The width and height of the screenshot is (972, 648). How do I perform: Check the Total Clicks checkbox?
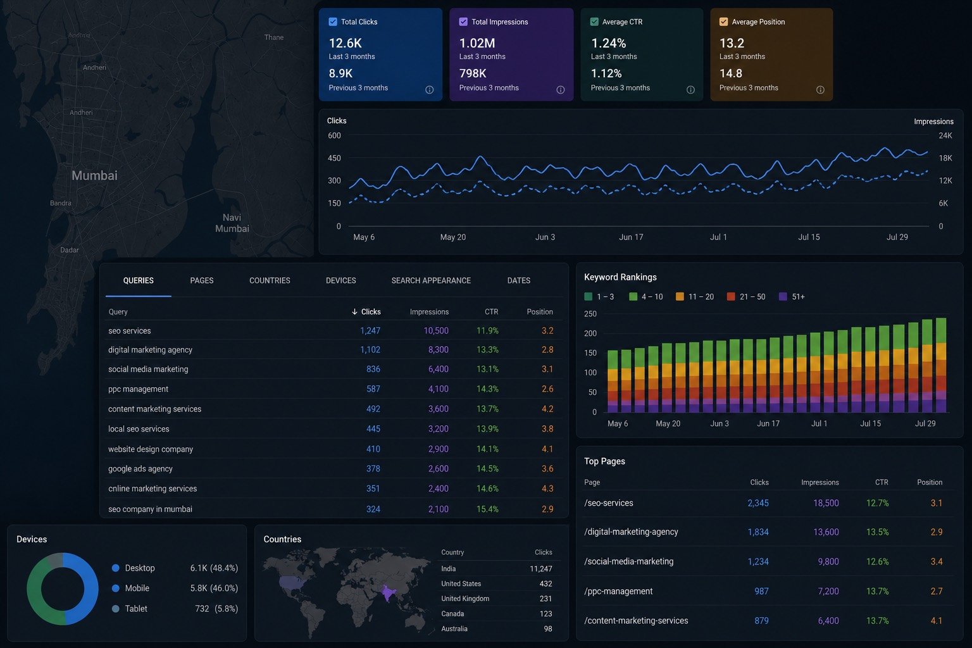coord(333,22)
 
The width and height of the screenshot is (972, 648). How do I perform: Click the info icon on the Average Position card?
coord(820,90)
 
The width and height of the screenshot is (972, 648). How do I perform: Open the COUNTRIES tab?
coord(270,280)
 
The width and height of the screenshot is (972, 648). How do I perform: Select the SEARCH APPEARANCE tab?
coord(431,280)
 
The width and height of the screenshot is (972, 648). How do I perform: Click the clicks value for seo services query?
coord(370,331)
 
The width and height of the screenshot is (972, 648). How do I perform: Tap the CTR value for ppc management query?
coord(487,389)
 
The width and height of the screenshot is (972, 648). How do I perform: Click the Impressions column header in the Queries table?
coord(429,311)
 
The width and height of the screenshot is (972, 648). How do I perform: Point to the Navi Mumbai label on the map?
coord(232,223)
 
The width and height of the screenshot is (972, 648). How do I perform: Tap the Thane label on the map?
coord(274,37)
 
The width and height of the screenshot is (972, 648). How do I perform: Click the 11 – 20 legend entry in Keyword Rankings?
coord(695,297)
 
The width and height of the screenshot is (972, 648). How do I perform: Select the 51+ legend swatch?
coord(783,297)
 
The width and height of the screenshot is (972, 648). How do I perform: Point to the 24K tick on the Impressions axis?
coord(945,135)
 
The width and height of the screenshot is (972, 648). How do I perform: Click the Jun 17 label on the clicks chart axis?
coord(631,237)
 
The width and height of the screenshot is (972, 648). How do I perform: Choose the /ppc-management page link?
coord(618,591)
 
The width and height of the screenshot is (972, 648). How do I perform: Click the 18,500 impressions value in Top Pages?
coord(826,503)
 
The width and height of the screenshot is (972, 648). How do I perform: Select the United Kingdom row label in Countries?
coord(465,599)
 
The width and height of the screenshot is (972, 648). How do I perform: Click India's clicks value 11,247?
coord(540,568)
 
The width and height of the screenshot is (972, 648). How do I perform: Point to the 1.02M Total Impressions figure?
coord(477,43)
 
